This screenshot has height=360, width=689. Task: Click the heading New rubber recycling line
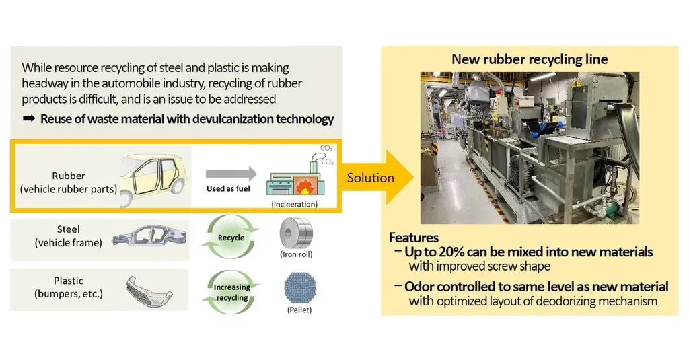(x=530, y=59)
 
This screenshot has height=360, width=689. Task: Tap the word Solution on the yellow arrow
(x=369, y=178)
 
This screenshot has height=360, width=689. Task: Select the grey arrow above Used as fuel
(x=231, y=172)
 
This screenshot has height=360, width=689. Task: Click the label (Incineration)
(x=295, y=203)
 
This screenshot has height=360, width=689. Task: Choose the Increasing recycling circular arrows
(x=231, y=292)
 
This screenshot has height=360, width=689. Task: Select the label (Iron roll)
(x=295, y=255)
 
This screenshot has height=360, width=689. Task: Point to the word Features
(x=414, y=238)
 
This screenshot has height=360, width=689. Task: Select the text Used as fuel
(x=228, y=189)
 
